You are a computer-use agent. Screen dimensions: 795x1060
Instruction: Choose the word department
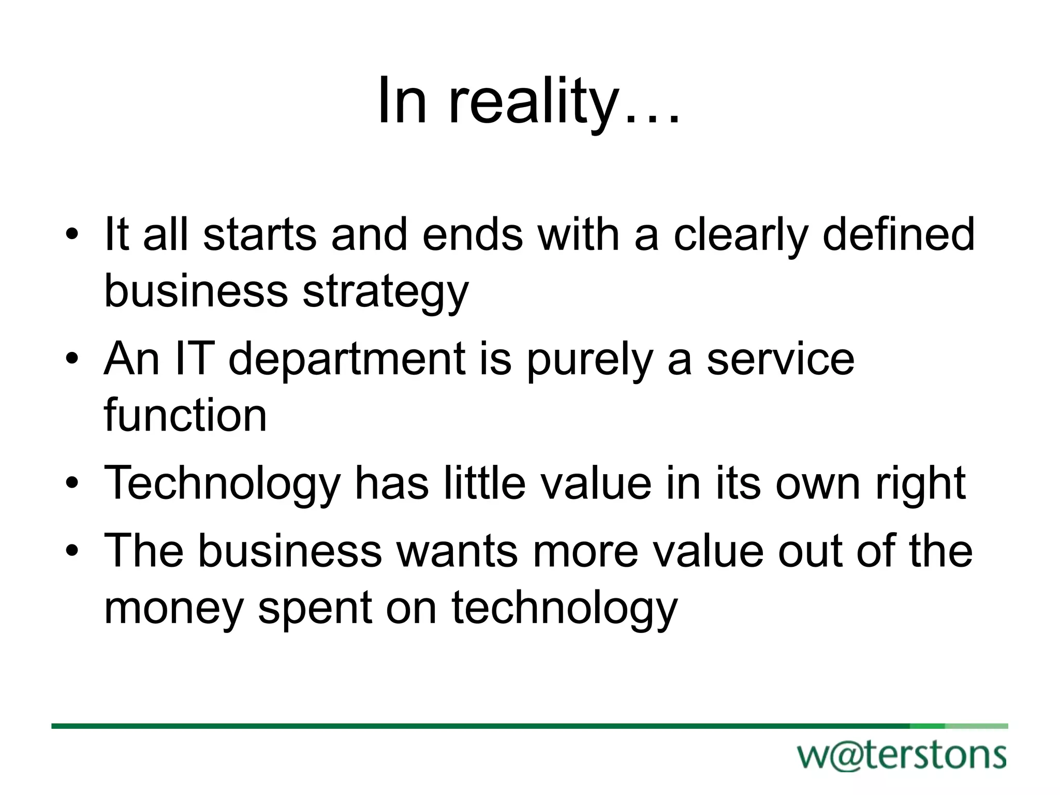click(347, 360)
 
